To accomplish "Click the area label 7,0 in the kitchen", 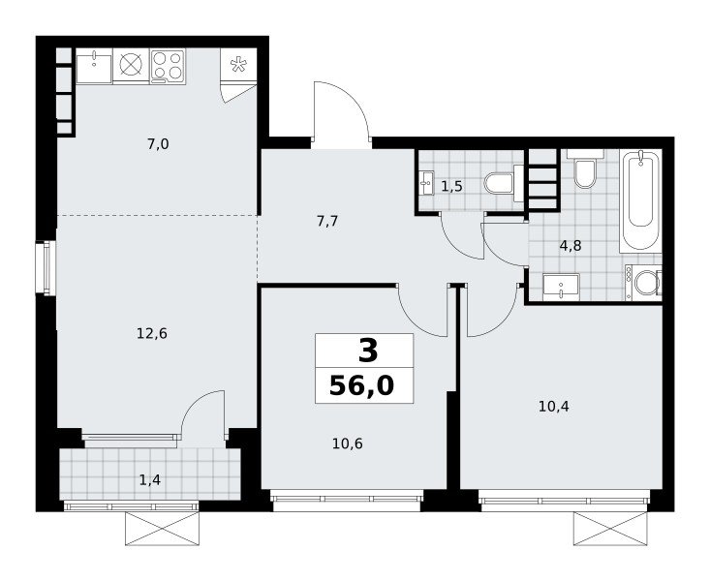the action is tap(158, 144).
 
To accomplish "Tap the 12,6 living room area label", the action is tap(152, 334).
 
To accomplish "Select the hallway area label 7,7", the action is tap(327, 222).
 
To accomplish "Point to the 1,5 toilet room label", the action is tap(452, 186).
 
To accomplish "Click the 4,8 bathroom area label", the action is tap(571, 246).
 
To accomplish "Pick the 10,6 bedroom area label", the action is tap(348, 443).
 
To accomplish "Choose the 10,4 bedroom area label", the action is tap(554, 407).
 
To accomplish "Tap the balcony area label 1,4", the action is tap(150, 479).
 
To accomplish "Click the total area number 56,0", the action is tap(362, 385).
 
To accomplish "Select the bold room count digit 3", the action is tap(368, 352).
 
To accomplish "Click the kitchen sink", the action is tap(94, 66).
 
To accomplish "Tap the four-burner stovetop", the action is tap(168, 66).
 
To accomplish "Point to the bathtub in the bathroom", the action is tap(640, 200).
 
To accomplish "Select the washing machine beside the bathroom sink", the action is tap(643, 283).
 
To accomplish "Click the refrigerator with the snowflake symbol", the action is tap(237, 65).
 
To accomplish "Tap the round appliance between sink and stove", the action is tap(131, 65).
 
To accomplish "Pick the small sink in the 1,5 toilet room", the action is tap(426, 183).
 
